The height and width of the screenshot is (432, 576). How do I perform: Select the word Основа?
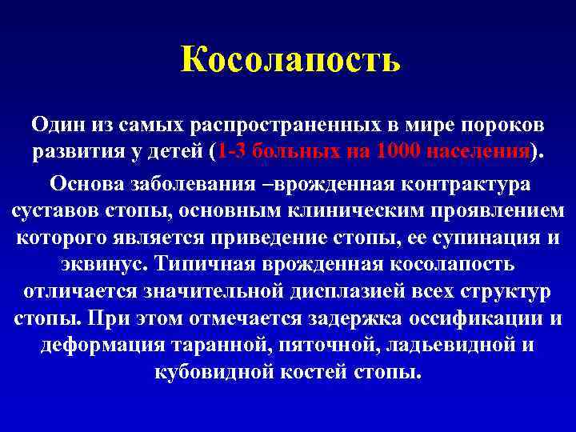click(x=88, y=184)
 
